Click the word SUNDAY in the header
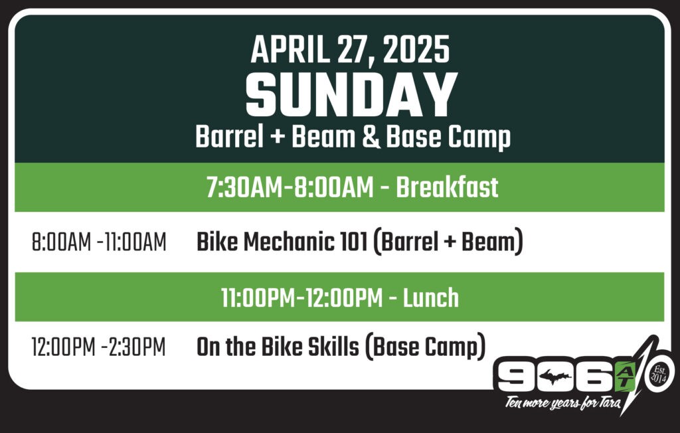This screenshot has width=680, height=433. point(351,94)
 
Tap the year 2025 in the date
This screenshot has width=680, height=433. point(416,50)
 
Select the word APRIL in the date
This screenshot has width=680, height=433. point(290,50)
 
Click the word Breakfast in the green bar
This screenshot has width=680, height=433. point(447,187)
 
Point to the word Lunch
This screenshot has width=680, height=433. point(430,298)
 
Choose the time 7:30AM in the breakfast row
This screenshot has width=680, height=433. point(244,187)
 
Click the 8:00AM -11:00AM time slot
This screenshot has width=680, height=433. point(99,242)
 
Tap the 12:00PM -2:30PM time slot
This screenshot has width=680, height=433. point(98,347)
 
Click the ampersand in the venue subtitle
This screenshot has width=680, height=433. point(371,137)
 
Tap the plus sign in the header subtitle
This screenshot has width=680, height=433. point(278,137)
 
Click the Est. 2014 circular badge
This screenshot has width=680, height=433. point(659,374)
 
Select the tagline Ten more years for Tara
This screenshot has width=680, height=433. point(562,402)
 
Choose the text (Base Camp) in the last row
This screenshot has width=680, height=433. point(425,347)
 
